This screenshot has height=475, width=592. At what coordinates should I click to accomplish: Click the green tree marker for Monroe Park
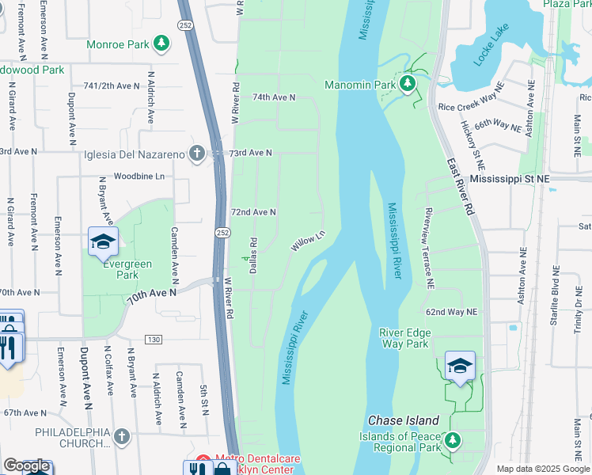(161, 43)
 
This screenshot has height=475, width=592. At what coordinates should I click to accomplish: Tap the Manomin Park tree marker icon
(408, 84)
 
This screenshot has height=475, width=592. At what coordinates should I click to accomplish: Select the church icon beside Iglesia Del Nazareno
(197, 154)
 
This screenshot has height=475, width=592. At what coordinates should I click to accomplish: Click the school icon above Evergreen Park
(103, 242)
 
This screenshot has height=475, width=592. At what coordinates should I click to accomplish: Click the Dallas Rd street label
(254, 256)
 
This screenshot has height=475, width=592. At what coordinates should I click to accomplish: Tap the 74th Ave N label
(273, 97)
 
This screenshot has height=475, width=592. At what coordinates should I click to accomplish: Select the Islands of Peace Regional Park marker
(452, 439)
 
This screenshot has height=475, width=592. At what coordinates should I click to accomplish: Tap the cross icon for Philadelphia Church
(121, 436)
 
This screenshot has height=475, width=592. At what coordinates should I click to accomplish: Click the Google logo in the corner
(26, 465)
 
